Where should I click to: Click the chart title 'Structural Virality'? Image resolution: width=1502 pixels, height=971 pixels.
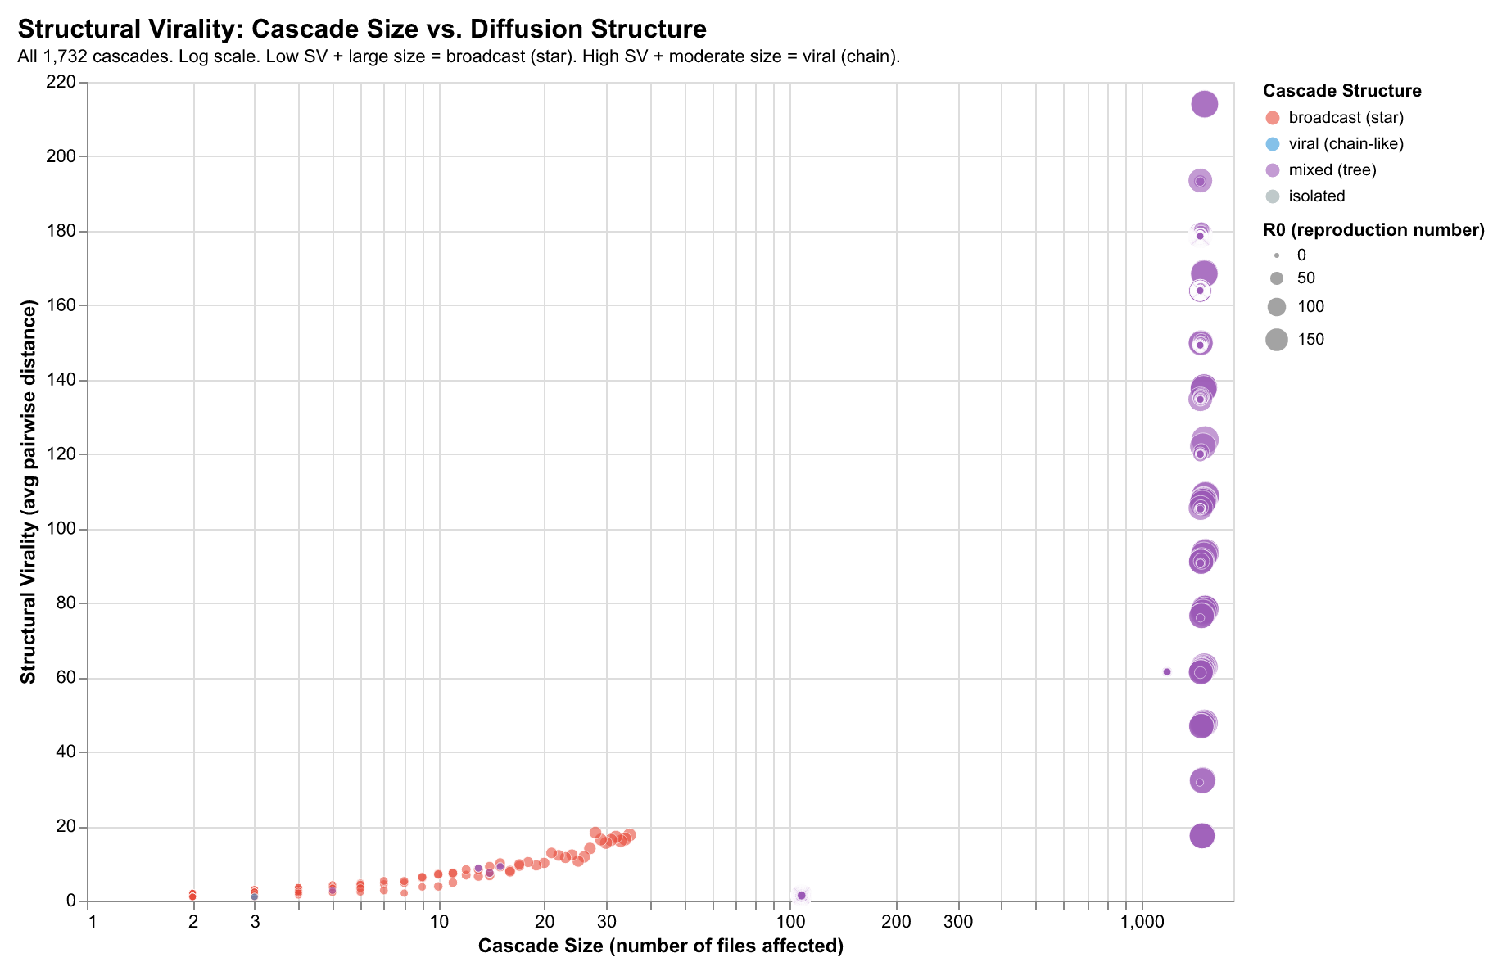(361, 29)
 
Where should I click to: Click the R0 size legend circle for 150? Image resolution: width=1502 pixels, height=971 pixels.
(1276, 340)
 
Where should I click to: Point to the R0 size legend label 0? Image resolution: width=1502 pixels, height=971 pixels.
(1301, 255)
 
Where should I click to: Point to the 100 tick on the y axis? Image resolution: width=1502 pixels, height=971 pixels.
(64, 529)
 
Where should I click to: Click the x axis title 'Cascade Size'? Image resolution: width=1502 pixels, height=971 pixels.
(660, 946)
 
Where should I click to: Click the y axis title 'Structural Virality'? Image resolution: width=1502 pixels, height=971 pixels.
(29, 492)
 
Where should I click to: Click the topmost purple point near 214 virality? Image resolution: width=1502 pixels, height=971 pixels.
(1204, 104)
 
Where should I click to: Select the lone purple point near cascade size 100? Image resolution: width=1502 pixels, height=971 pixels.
(801, 895)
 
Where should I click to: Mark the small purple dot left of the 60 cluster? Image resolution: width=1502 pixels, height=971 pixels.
(1167, 672)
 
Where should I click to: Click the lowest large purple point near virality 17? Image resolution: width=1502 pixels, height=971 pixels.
(1201, 836)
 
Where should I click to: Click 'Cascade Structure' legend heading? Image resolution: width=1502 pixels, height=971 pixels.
(1341, 91)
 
